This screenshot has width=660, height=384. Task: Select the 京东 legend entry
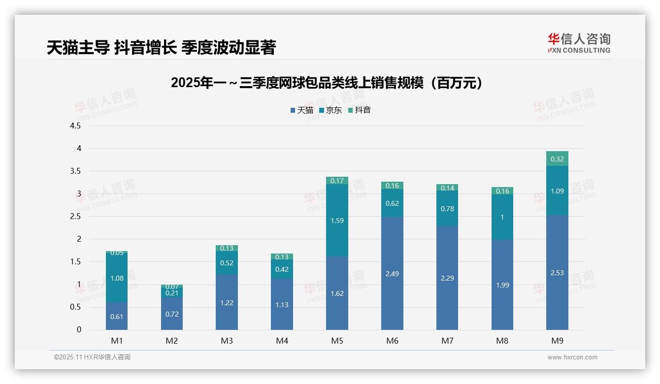coord(330,110)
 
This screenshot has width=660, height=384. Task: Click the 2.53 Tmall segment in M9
coord(557,272)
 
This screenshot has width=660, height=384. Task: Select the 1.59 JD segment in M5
coord(337,220)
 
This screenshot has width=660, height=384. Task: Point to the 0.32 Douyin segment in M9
coord(557,159)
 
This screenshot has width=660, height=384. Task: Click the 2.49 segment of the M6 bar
coord(392,273)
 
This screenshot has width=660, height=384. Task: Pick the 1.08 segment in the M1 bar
coord(117,278)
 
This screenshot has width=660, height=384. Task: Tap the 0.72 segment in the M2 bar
coord(172,314)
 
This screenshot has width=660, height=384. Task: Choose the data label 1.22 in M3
coord(227,303)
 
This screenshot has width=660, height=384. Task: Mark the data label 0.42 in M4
coord(282,269)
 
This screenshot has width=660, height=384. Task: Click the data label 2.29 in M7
coord(447,278)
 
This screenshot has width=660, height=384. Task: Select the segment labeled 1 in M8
coord(502,217)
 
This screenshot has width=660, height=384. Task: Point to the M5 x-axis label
coord(337,341)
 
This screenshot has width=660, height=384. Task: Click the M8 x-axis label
coord(502,341)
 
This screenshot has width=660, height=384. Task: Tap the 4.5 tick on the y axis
coord(75,126)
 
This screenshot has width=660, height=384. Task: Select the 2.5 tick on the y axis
coord(75,217)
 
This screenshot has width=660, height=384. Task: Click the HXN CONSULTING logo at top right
coord(579,43)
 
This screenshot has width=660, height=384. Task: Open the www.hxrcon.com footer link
coord(572,357)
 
